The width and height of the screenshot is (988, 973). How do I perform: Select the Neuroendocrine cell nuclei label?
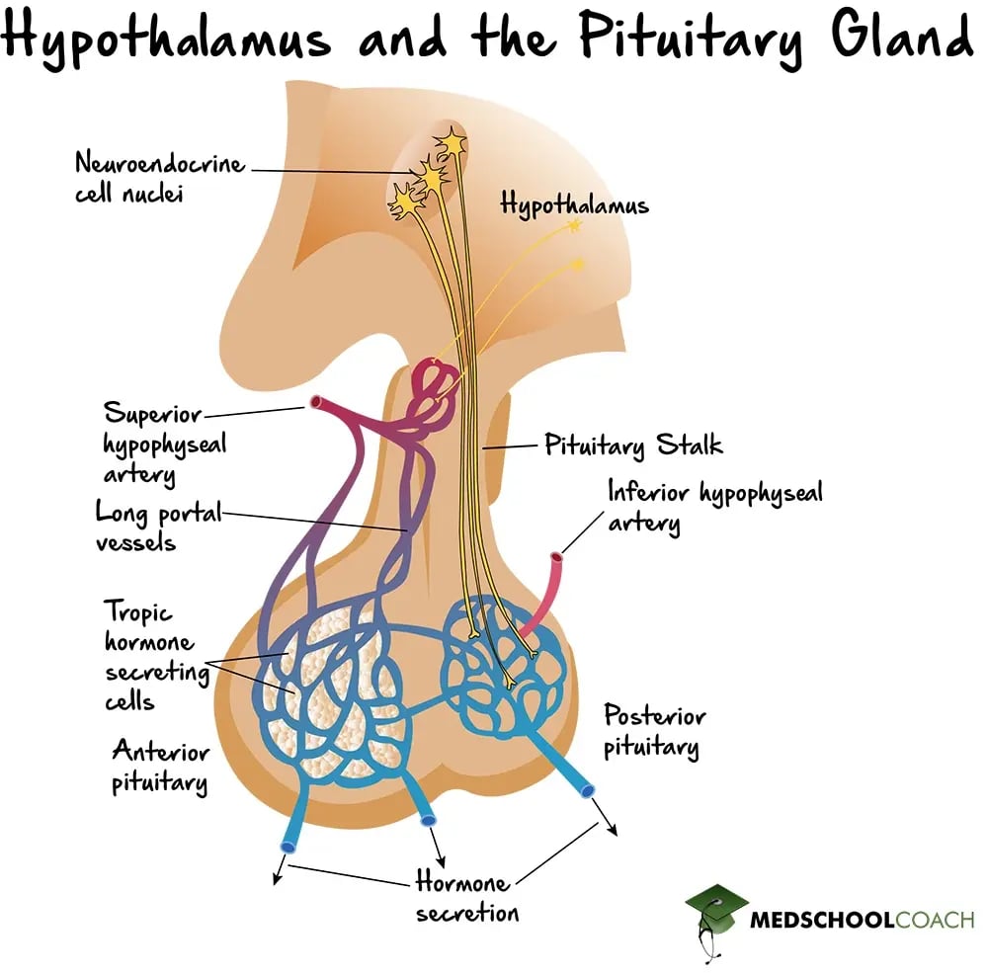(158, 176)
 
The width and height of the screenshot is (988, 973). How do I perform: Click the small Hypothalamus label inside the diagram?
(574, 205)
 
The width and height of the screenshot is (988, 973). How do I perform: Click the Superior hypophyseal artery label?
(164, 444)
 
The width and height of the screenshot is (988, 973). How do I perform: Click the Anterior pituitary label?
(160, 767)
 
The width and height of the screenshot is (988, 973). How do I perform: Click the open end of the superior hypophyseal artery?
(317, 402)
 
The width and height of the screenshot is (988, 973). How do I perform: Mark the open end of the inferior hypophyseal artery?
(559, 560)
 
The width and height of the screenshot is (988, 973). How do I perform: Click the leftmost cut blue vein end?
(288, 846)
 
